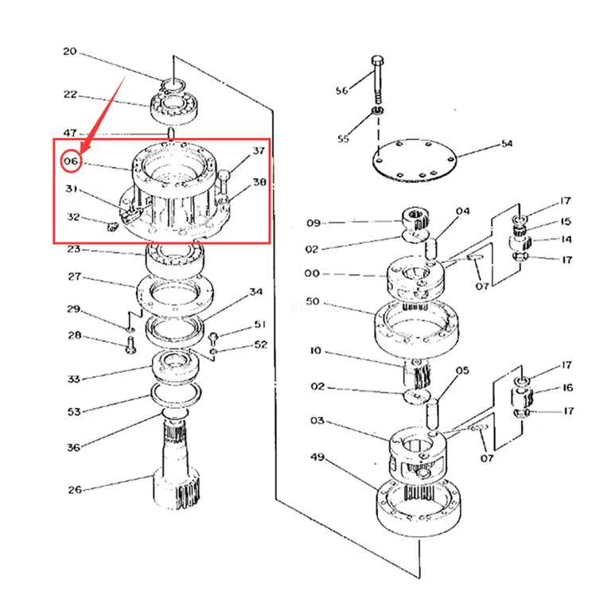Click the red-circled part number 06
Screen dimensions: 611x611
[x=72, y=161]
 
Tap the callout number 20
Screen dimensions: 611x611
[x=70, y=52]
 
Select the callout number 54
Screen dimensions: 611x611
[x=507, y=144]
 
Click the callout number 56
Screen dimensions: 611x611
[x=342, y=91]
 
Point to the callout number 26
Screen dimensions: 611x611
[x=75, y=490]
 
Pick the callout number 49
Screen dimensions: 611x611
[x=317, y=457]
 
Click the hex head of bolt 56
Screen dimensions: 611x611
[x=377, y=60]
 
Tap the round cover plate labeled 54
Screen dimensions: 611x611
[x=414, y=161]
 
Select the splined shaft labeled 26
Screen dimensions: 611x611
[x=176, y=464]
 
